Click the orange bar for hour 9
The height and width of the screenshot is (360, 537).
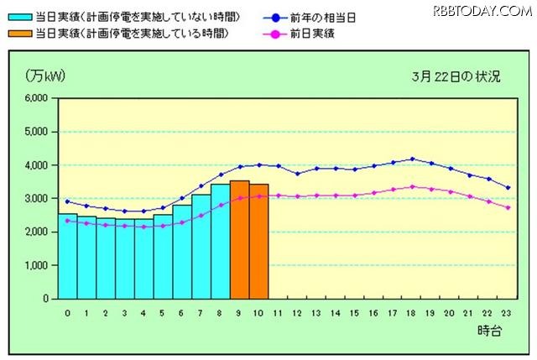(239, 240)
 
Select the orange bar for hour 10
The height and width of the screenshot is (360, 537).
(258, 242)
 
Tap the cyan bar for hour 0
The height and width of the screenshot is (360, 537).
(67, 256)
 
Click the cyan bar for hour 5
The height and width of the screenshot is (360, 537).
(163, 257)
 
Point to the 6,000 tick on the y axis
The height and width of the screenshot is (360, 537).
(36, 98)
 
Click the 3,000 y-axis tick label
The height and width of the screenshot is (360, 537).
(36, 199)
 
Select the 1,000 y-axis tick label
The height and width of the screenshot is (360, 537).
(36, 265)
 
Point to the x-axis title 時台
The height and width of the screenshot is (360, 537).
(490, 331)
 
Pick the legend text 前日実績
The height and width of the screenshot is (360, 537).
(341, 33)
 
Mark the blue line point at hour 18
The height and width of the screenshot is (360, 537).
(411, 159)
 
